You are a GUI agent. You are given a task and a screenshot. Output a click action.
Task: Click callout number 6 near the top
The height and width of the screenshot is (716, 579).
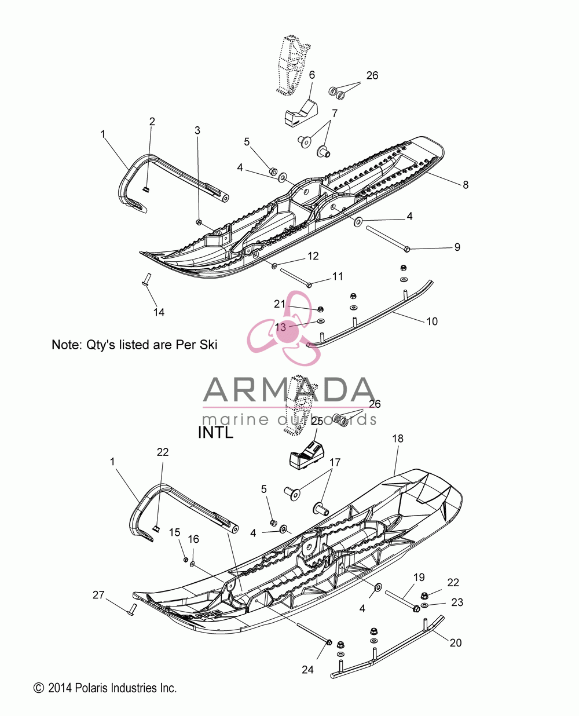coord(312,75)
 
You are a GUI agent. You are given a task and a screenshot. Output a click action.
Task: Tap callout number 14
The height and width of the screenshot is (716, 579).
coord(159,312)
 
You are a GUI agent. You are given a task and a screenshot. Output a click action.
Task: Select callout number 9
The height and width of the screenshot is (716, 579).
coord(457,247)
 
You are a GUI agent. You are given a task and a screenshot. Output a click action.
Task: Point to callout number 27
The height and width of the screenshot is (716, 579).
coord(98,595)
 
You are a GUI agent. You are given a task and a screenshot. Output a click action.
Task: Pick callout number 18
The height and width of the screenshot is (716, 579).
coord(398,439)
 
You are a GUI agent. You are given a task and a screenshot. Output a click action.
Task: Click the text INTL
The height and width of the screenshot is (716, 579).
coord(215,432)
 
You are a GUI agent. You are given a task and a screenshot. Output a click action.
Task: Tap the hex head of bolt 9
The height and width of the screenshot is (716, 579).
coord(406,249)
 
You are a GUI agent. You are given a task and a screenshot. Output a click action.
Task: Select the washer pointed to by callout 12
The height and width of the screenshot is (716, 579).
coord(274,266)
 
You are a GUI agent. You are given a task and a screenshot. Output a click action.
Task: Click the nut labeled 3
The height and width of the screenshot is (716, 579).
coord(199,222)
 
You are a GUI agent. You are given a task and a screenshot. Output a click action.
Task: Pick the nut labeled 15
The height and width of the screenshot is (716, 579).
coord(185,560)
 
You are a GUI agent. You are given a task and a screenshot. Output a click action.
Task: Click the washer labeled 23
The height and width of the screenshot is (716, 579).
coord(424,605)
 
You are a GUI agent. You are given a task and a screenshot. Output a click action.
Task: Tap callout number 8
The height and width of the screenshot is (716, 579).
coord(466,185)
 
